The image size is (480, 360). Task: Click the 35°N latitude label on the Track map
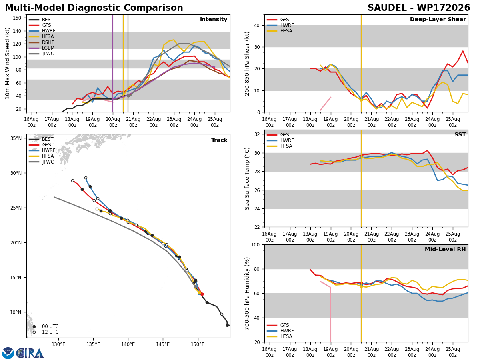point(16,138)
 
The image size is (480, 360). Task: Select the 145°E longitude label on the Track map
point(163,345)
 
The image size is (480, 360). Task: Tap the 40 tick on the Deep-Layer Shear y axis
point(257,25)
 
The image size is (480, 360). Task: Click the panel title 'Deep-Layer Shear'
point(438,20)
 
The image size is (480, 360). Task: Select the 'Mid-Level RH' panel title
point(445,249)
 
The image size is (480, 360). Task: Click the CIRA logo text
point(30,353)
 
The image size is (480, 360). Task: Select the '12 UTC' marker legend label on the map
point(50,332)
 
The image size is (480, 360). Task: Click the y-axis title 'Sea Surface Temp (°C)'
point(247,179)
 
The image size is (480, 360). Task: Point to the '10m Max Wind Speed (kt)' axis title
point(7,63)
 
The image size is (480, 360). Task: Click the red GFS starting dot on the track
point(202,294)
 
